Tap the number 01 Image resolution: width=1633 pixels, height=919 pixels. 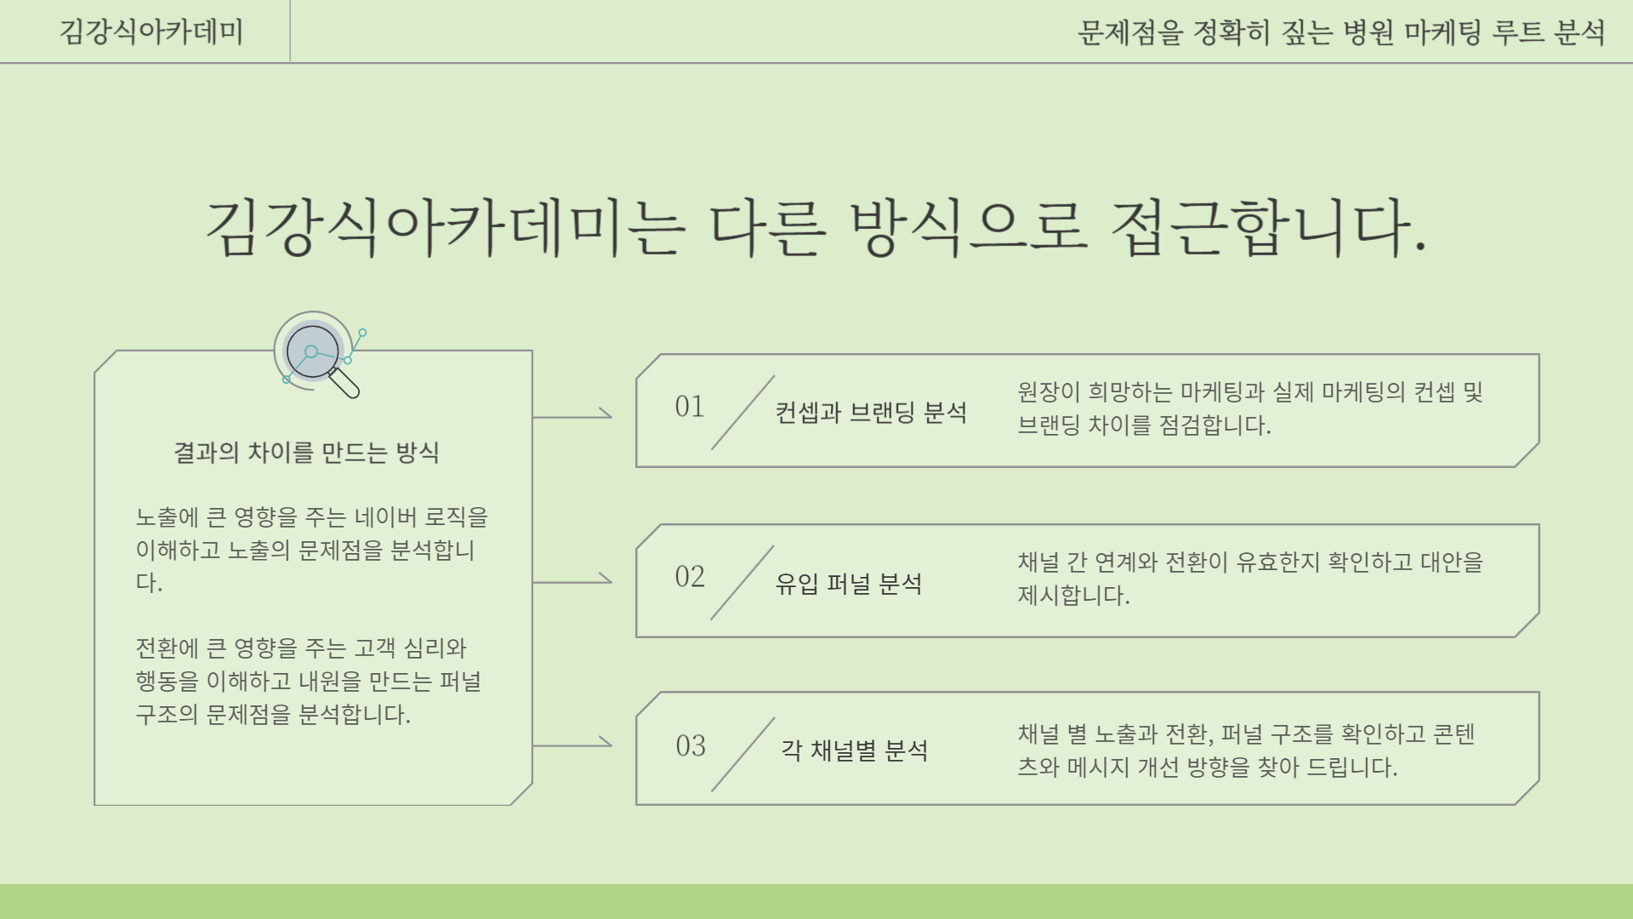click(690, 407)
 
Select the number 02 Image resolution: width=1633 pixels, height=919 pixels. click(690, 577)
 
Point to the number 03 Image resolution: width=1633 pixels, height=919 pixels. click(691, 746)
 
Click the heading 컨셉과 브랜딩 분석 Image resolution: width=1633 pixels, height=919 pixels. click(871, 413)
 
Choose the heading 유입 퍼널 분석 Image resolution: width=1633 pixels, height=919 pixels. click(849, 584)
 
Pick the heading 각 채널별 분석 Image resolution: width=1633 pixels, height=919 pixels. click(855, 751)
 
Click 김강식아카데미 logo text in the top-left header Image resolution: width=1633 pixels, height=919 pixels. click(151, 32)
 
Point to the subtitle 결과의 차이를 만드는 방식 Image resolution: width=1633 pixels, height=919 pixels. click(306, 452)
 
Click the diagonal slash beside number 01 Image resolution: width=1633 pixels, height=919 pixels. click(743, 412)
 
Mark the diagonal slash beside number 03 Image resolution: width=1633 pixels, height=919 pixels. click(743, 754)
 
